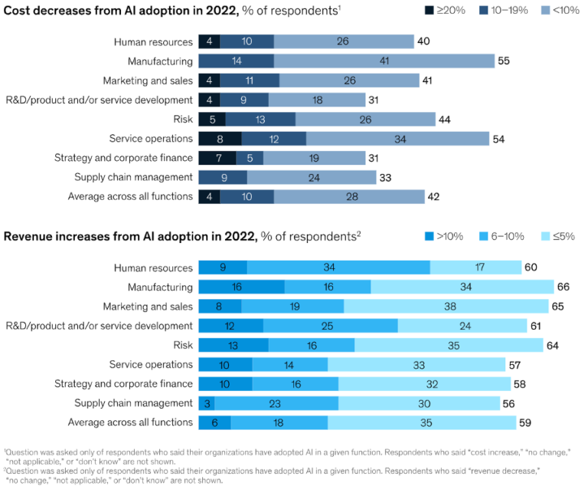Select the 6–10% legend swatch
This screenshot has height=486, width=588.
(x=483, y=236)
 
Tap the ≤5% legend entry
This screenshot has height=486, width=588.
(x=547, y=236)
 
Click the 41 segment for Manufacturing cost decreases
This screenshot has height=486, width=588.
(x=384, y=61)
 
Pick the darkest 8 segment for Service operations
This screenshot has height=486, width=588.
(x=220, y=139)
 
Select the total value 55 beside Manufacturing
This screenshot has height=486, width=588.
(x=503, y=61)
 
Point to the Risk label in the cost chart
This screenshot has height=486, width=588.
(x=183, y=119)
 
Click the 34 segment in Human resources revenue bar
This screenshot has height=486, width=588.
(x=338, y=268)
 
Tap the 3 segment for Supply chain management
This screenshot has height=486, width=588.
(x=206, y=403)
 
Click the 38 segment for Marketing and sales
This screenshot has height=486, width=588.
(x=446, y=306)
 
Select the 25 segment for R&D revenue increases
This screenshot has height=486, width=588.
(x=330, y=326)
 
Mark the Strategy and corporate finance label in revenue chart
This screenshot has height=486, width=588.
(x=123, y=383)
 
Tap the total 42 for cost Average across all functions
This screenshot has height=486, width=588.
(x=433, y=197)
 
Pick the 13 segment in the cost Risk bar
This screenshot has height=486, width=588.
(x=260, y=119)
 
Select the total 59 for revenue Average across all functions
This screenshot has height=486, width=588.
(x=524, y=422)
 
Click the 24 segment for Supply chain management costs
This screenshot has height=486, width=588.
(x=312, y=177)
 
